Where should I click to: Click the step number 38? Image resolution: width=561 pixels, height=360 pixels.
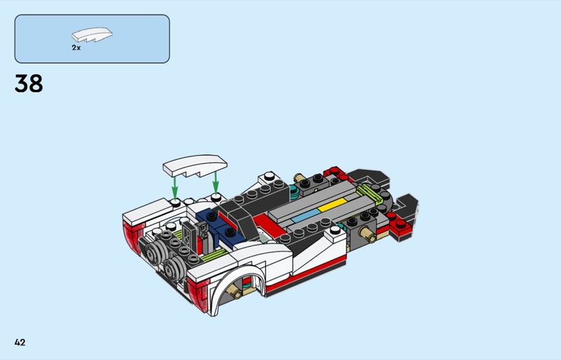(29, 84)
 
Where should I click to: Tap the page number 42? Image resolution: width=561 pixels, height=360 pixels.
(20, 342)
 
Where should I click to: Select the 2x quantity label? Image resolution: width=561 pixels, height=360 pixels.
(76, 48)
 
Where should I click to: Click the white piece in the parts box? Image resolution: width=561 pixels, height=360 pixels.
(92, 35)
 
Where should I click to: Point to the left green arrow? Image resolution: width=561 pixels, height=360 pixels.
(174, 187)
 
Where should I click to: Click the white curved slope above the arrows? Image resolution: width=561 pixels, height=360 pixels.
(195, 165)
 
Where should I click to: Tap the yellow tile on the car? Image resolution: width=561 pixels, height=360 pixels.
(332, 204)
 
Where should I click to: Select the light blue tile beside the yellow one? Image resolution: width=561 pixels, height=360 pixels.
(306, 215)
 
